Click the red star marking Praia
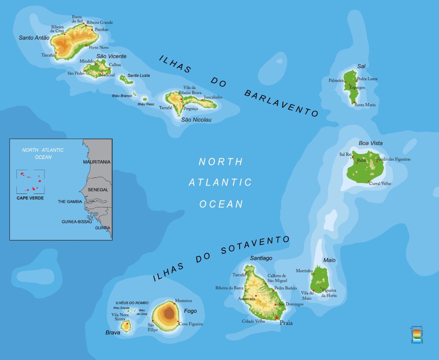(x=277, y=318)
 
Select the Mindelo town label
(x=87, y=61)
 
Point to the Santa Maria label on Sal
(x=365, y=105)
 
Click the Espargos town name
(x=357, y=87)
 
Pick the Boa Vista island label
(x=370, y=143)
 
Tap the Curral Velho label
(x=380, y=184)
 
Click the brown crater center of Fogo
(x=169, y=313)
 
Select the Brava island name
(x=113, y=333)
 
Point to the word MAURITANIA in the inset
(x=97, y=162)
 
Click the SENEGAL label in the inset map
(x=98, y=190)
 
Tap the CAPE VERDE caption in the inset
(x=30, y=198)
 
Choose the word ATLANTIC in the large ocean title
(x=220, y=182)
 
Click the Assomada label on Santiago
(x=247, y=299)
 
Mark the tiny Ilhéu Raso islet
(x=145, y=99)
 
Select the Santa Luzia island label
(x=139, y=75)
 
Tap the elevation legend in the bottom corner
(x=417, y=335)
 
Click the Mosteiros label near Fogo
(x=183, y=301)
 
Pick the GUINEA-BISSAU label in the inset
(x=76, y=222)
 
